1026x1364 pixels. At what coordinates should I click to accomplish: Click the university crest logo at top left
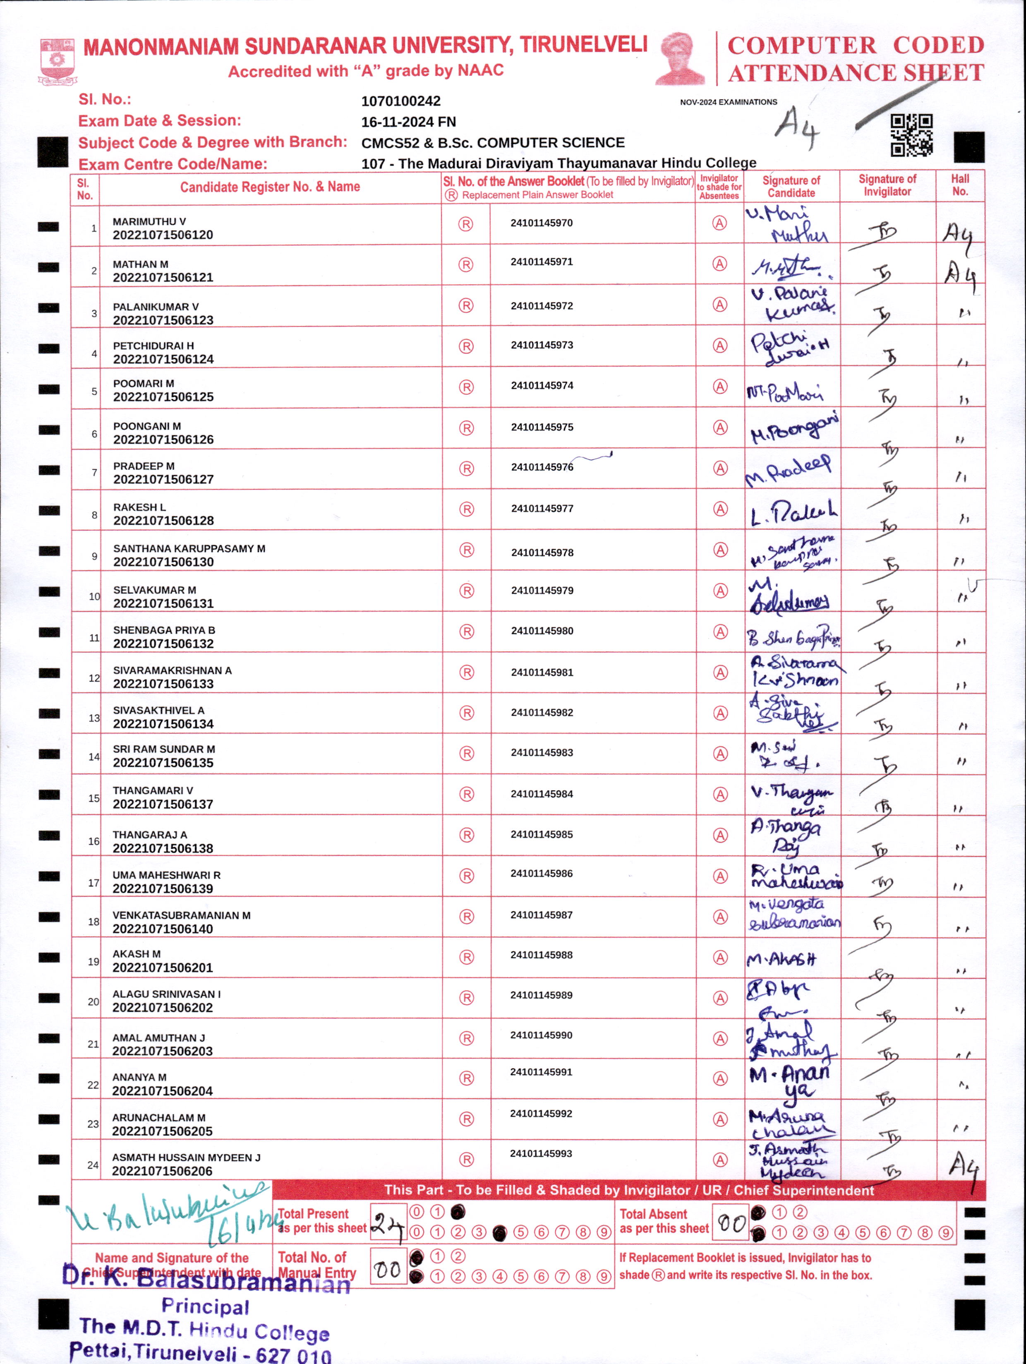point(58,60)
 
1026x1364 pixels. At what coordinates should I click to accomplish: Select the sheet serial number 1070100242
point(401,101)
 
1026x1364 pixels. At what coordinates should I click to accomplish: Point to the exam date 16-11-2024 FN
point(408,122)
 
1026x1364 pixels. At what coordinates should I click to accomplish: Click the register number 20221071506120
point(163,235)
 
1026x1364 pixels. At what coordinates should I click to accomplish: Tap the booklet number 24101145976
point(542,467)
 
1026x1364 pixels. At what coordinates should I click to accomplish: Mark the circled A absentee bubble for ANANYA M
point(719,1078)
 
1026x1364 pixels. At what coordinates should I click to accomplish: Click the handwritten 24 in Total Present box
point(388,1223)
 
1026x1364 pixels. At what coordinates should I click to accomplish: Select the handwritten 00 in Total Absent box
point(731,1222)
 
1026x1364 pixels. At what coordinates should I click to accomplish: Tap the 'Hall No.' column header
point(959,185)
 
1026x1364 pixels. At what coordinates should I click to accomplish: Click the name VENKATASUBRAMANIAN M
point(181,915)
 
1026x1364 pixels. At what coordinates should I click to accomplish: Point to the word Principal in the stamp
point(205,1306)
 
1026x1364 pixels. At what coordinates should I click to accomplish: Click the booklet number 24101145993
point(541,1153)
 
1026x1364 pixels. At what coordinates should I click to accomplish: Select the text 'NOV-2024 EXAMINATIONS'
point(728,102)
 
